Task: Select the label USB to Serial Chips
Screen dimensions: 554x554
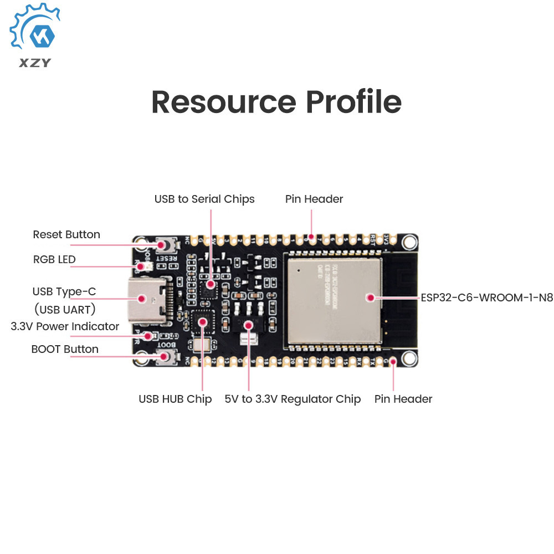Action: (204, 199)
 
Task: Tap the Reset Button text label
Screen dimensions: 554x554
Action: (66, 234)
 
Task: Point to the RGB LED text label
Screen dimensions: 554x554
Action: (54, 259)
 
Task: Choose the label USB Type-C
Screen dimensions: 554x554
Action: (64, 291)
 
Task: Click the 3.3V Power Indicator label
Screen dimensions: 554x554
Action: (65, 326)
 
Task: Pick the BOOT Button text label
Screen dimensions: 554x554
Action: (65, 349)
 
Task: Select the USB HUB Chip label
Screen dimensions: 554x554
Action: (175, 399)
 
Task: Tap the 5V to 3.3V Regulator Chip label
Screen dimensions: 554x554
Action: (293, 399)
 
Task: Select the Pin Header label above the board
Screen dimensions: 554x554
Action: (314, 199)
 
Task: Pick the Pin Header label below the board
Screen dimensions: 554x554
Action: (403, 399)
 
